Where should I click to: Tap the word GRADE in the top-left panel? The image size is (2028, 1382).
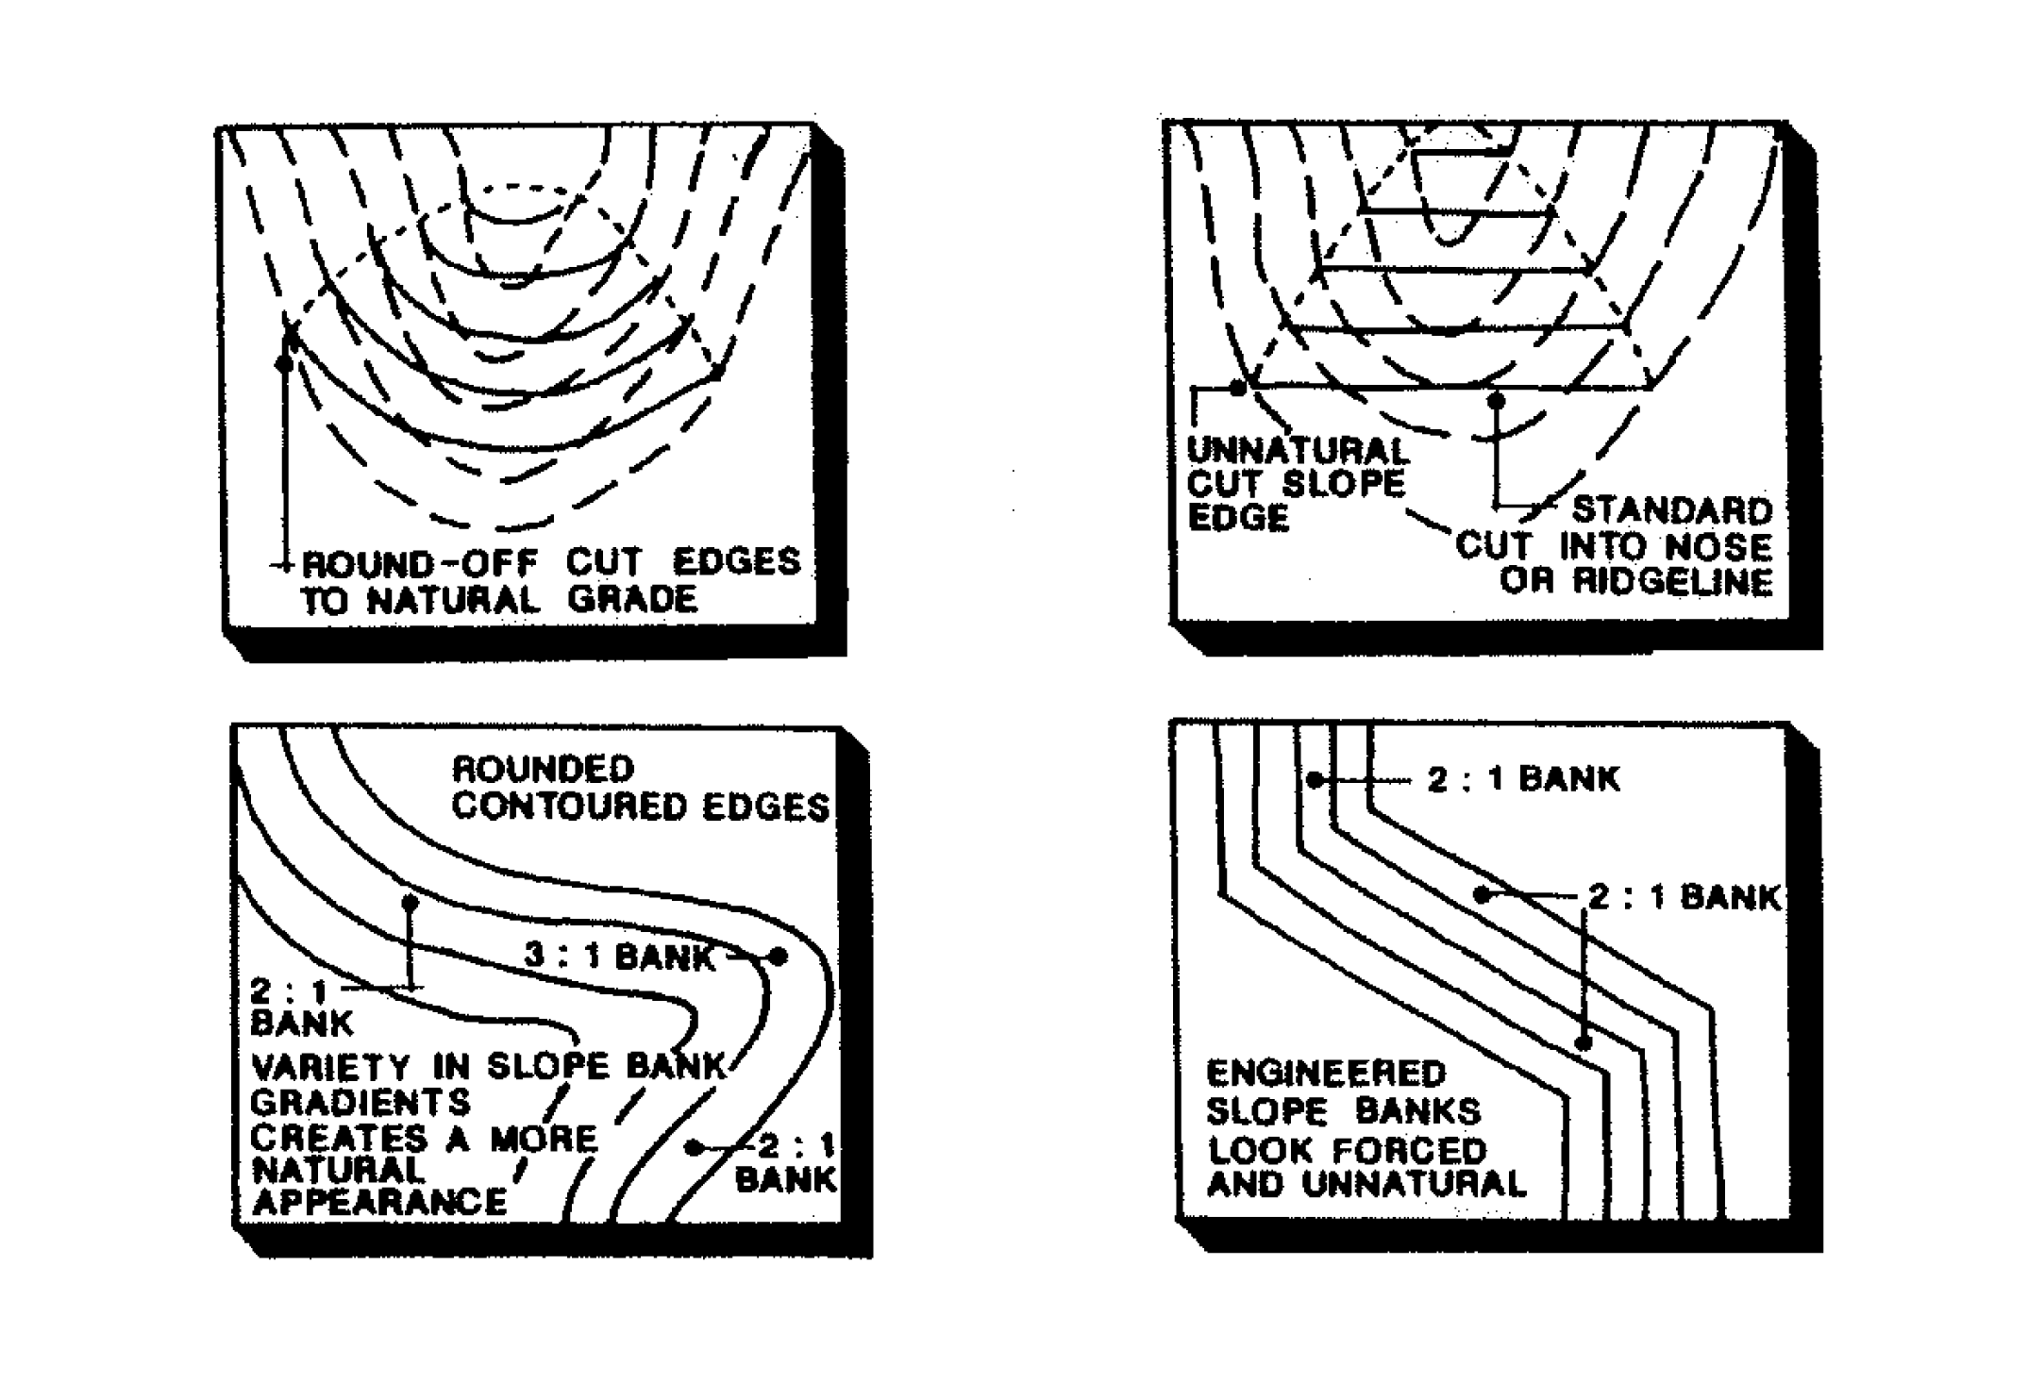632,600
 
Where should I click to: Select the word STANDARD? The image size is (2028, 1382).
1672,511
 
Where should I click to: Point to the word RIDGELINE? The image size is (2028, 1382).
1672,582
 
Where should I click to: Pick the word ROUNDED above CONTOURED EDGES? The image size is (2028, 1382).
543,769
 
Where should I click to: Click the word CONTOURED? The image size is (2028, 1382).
576,808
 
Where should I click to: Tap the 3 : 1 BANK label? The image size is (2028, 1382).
619,957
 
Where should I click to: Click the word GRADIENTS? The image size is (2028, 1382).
360,1102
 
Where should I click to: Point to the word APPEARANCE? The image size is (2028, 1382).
379,1203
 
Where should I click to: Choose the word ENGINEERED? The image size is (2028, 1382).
1326,1074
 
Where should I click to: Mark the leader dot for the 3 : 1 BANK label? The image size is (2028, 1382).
779,957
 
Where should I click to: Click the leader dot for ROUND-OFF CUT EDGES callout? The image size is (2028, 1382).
283,363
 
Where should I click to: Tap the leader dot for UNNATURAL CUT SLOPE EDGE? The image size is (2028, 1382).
1238,388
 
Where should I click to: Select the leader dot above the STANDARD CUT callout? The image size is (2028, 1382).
1496,402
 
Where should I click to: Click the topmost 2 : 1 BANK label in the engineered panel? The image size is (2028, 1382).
1522,780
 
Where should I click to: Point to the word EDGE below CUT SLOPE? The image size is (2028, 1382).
1237,518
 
